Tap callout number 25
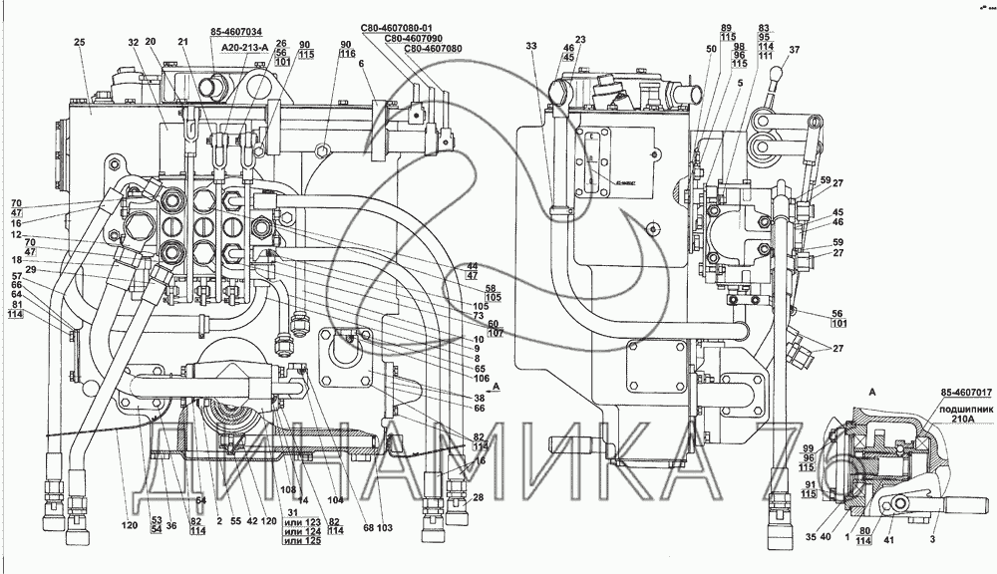(x=81, y=41)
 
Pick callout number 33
(x=530, y=46)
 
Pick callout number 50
(x=711, y=49)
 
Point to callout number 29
(x=33, y=270)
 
